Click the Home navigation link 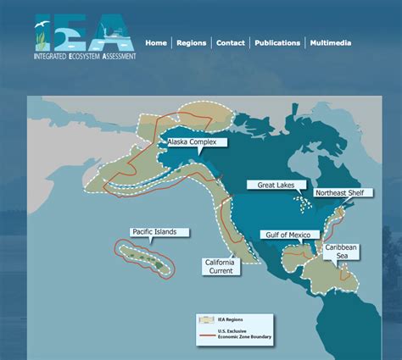click(x=156, y=43)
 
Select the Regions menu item click(x=191, y=43)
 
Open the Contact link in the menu click(x=231, y=43)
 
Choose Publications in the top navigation click(x=277, y=43)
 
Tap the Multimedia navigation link click(x=331, y=43)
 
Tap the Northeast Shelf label click(x=341, y=193)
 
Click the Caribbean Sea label click(x=342, y=251)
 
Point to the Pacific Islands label click(x=154, y=231)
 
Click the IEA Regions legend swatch click(x=206, y=319)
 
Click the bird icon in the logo click(x=41, y=30)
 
